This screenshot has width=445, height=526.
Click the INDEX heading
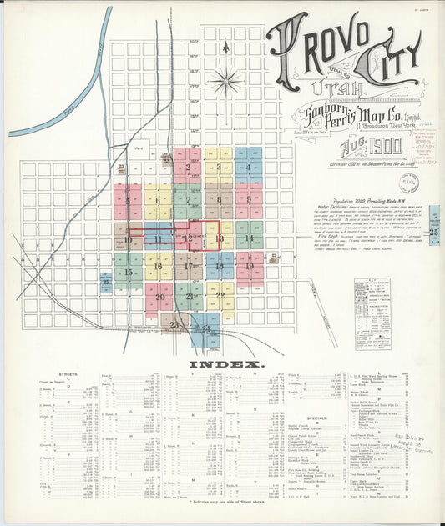227,364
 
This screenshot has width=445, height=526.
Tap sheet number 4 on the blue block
249,167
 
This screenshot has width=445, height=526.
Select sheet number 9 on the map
248,200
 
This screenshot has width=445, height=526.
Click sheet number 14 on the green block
249,238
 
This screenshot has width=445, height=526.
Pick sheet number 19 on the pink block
249,267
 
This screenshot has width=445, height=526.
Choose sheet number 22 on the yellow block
220,295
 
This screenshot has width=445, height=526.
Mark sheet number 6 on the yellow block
157,200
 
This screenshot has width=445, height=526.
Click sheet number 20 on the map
159,296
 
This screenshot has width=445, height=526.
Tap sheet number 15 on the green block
129,272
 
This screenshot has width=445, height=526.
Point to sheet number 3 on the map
219,167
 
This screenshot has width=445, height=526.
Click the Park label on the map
139,143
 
